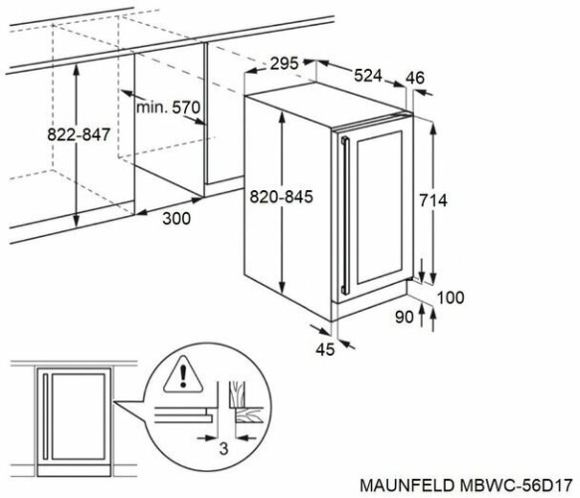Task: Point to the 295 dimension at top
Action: pyautogui.click(x=285, y=65)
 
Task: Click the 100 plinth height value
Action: pyautogui.click(x=451, y=297)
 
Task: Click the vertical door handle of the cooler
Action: pyautogui.click(x=343, y=211)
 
